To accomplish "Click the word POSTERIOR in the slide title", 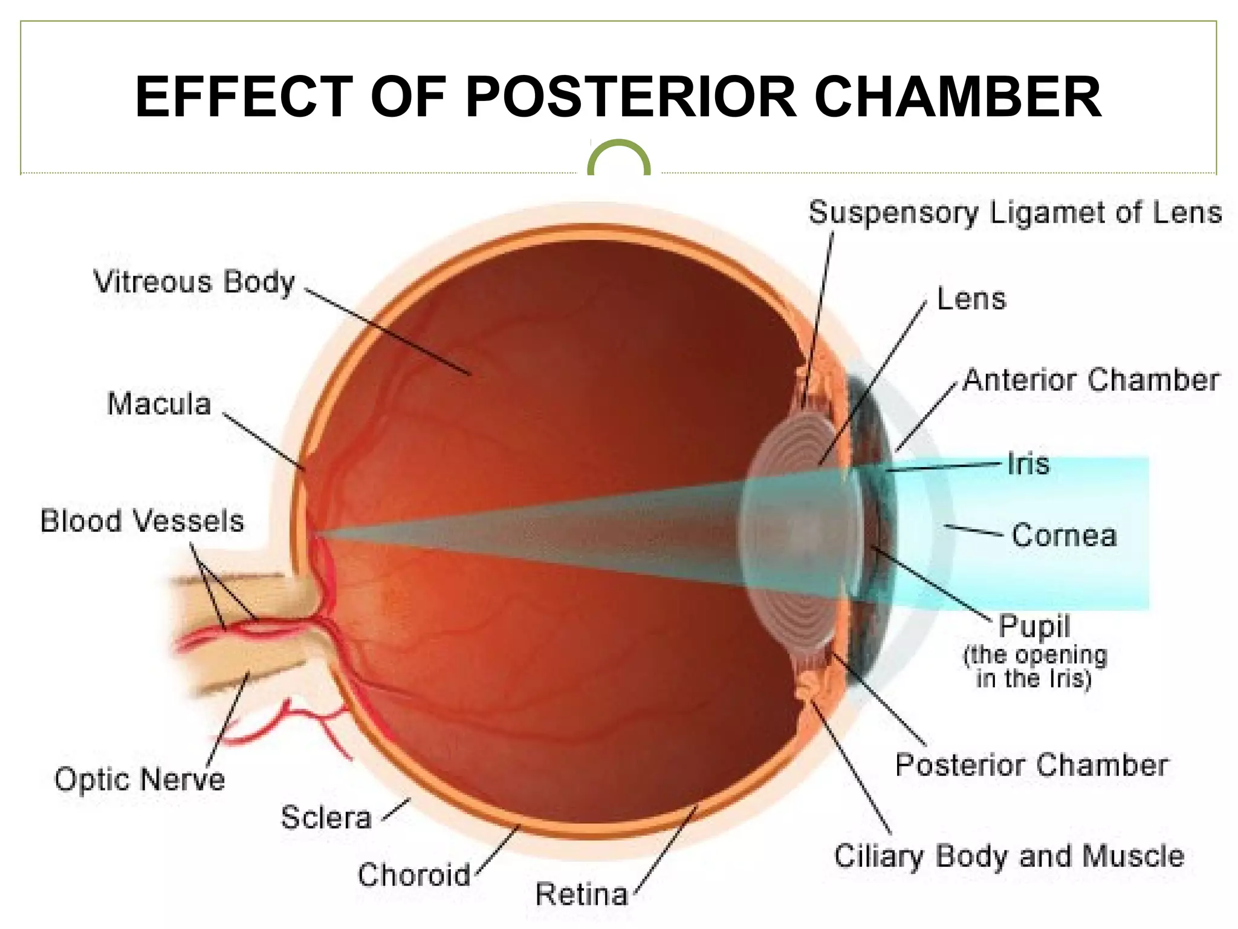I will coord(632,97).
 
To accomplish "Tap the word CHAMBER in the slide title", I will coord(958,97).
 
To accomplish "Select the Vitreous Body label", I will coord(195,282).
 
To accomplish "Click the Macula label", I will coord(159,404).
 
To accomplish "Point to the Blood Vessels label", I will coord(142,521).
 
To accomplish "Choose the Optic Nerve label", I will coord(140,779).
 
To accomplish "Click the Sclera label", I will coord(326,818).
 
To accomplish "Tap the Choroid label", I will coord(414,875).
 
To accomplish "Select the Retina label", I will coord(582,895).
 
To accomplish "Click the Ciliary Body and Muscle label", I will coord(1009,856).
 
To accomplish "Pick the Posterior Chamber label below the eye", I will coord(1031,765).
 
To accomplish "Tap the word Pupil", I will coord(1034,627).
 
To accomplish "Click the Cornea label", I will coord(1064,536).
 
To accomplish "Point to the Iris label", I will coord(1028,464).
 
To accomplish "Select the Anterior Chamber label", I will coord(1091,380).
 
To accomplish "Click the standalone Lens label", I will coord(971,299).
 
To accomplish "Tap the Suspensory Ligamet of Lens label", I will coord(1015,213).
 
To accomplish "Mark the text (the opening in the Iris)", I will coord(1034,667).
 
